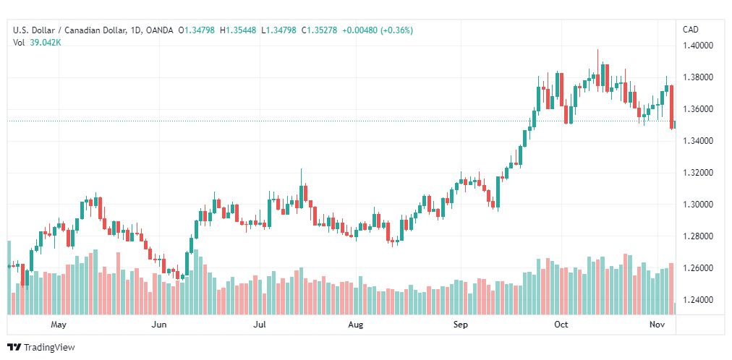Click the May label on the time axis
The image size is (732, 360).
click(x=59, y=325)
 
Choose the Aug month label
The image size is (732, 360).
click(x=356, y=325)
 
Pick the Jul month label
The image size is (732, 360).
click(x=259, y=325)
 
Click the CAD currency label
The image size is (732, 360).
click(x=691, y=30)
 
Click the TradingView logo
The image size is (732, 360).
click(x=41, y=348)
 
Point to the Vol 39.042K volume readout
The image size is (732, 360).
click(x=37, y=43)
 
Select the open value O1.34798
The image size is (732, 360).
click(x=197, y=30)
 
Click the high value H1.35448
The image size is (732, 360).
click(x=238, y=30)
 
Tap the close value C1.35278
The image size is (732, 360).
click(x=319, y=30)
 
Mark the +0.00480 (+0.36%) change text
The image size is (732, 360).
click(x=378, y=30)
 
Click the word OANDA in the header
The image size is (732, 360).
click(x=160, y=30)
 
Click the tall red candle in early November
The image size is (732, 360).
click(x=671, y=106)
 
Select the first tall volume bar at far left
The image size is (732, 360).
click(x=9, y=278)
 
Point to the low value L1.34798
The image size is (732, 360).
click(x=278, y=30)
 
